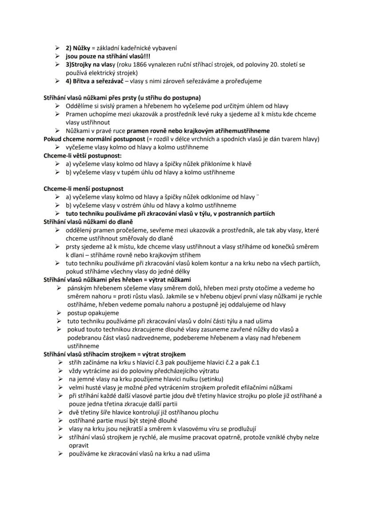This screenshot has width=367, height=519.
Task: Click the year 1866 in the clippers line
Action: [129, 65]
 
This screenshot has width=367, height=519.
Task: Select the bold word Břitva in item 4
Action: [82, 81]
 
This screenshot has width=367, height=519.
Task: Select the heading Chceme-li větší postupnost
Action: [82, 156]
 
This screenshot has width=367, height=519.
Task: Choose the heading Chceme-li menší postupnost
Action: [83, 189]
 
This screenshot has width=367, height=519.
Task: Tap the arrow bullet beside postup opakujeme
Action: [59, 313]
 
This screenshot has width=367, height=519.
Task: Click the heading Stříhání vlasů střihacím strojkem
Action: [115, 354]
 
